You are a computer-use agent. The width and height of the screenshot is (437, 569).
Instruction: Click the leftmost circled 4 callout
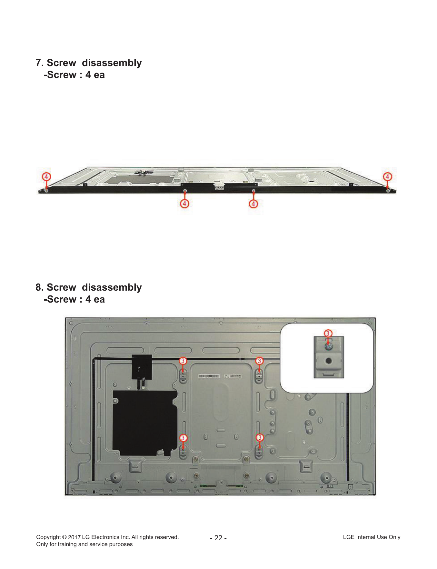(x=46, y=177)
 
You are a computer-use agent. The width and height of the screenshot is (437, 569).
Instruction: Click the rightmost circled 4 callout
(x=387, y=177)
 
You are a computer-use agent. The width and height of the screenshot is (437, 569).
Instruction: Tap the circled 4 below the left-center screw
(x=184, y=204)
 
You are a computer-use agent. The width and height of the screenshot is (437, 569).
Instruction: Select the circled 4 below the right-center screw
(x=253, y=204)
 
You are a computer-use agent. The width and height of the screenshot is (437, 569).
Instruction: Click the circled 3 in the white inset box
(x=328, y=333)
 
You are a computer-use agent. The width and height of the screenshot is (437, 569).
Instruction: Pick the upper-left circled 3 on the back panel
(x=183, y=361)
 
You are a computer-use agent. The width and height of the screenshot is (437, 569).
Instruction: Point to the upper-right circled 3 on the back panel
(x=259, y=361)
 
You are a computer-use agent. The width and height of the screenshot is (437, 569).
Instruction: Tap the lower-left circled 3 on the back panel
(x=183, y=438)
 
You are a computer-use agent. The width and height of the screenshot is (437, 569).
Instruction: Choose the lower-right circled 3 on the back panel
(x=260, y=438)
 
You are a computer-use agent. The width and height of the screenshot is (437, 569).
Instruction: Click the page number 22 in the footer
(x=218, y=538)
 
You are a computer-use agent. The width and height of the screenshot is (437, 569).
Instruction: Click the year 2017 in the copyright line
(x=74, y=537)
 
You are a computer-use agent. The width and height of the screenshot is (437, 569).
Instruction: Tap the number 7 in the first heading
(x=38, y=63)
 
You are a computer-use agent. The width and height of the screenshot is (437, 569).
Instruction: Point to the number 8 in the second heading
(x=38, y=287)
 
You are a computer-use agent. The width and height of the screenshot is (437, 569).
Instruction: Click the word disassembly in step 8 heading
(x=112, y=288)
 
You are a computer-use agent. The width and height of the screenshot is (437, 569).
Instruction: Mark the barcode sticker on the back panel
(x=209, y=376)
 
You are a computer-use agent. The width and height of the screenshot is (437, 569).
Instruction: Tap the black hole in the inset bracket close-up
(x=329, y=361)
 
